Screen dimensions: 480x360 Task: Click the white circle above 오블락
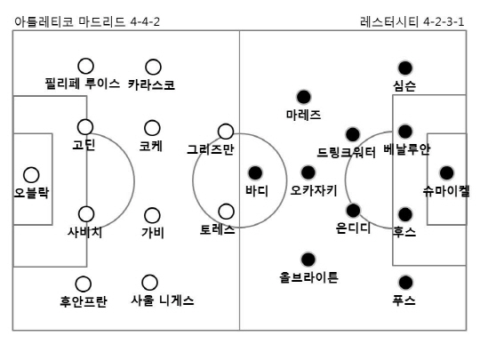[x=31, y=175]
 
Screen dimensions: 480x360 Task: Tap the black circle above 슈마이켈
[x=446, y=173]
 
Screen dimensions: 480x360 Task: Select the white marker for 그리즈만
[x=226, y=132]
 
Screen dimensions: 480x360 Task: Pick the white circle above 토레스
[x=227, y=212]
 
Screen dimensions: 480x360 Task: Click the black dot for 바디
[x=255, y=173]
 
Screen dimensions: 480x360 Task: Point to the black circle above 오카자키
[x=308, y=172]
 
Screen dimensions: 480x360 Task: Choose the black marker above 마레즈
[x=304, y=97]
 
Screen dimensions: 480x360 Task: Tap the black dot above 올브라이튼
[x=308, y=260]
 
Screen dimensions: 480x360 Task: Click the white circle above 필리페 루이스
[x=85, y=66]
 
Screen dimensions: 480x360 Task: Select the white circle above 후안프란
[x=84, y=284]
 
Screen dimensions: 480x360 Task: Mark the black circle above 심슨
[x=405, y=68]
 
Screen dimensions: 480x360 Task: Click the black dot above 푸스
[x=405, y=283]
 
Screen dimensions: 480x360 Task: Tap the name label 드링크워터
[x=346, y=152]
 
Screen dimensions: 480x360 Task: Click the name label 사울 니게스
[x=163, y=300]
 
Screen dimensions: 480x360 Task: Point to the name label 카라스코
[x=151, y=84]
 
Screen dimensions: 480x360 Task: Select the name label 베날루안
[x=407, y=149]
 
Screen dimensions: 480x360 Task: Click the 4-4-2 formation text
[x=145, y=21]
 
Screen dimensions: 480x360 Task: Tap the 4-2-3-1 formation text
[x=444, y=21]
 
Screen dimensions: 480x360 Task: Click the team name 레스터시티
[x=389, y=21]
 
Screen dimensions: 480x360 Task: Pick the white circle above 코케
[x=152, y=128]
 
